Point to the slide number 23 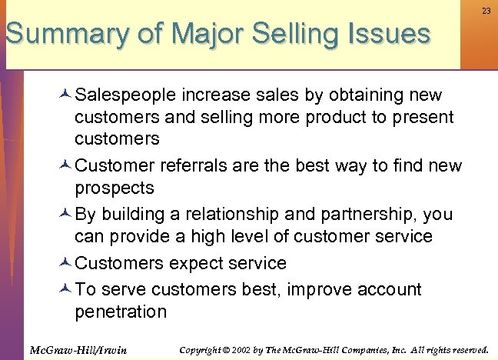(x=486, y=12)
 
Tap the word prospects (x=115, y=188)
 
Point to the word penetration (x=121, y=312)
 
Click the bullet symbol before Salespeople (x=65, y=95)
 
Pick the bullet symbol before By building (x=65, y=214)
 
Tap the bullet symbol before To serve (x=65, y=289)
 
